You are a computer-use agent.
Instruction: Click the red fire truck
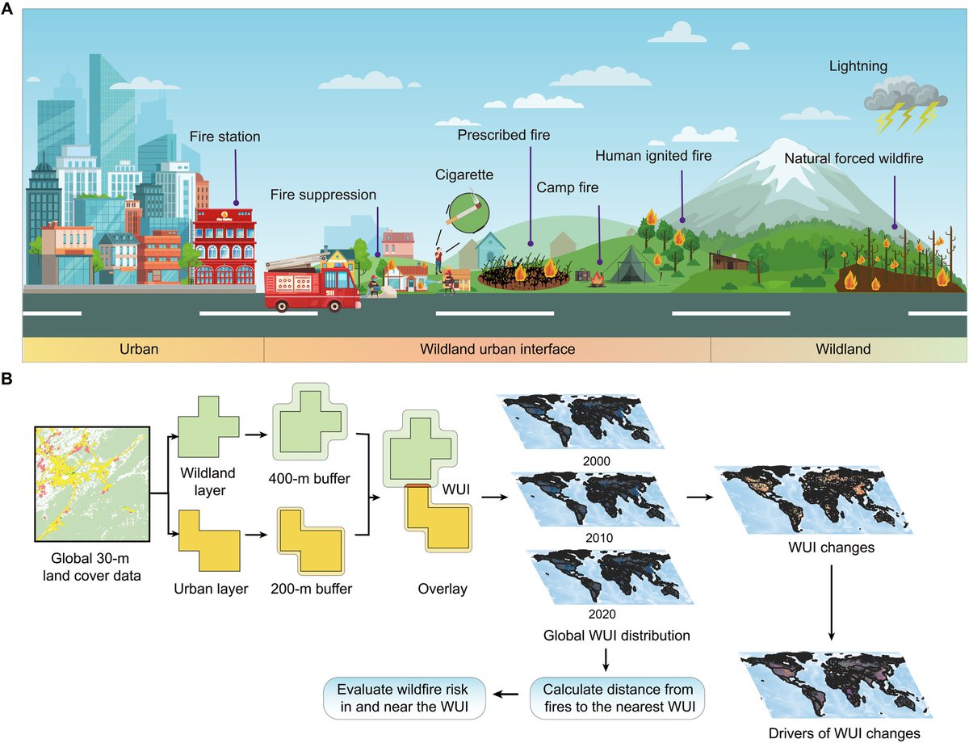tap(311, 283)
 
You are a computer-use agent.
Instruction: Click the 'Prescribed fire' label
tap(503, 135)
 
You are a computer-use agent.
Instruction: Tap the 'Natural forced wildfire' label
tap(854, 158)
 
